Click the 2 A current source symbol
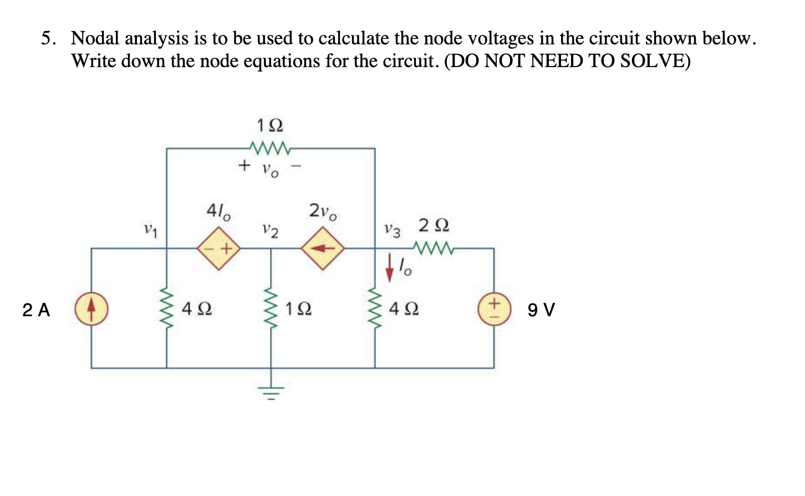tap(91, 308)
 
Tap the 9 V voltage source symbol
tap(494, 309)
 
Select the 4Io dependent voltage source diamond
tap(219, 249)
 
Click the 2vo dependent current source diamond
tap(323, 249)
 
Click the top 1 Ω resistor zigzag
tap(270, 148)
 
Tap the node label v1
tap(150, 229)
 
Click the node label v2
tap(271, 229)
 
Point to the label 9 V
tap(541, 310)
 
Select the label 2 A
tap(36, 310)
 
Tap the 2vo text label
tap(323, 212)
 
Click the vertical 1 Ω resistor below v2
tap(271, 308)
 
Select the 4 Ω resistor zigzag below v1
tap(167, 308)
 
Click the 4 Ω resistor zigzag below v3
tap(375, 308)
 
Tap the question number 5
tap(48, 38)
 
